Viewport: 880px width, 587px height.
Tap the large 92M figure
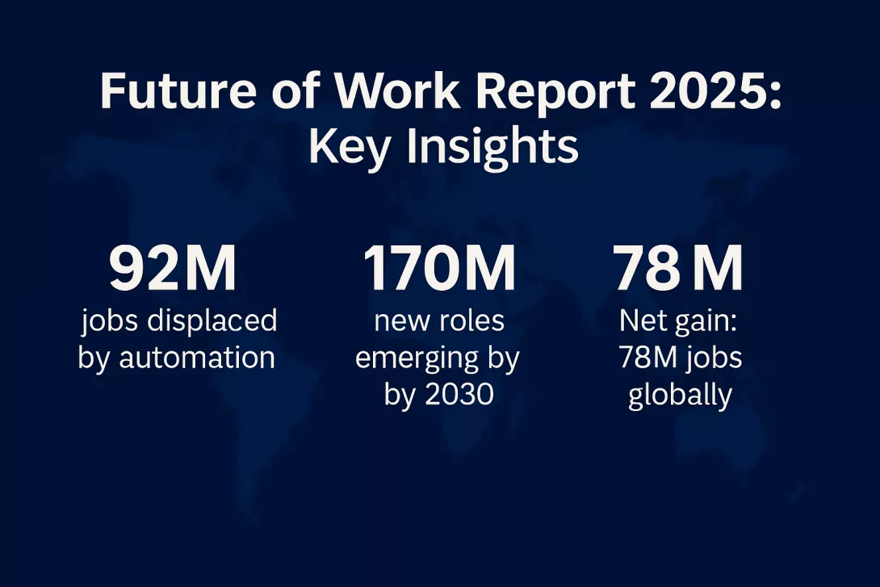pyautogui.click(x=173, y=270)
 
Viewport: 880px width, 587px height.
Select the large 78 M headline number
pyautogui.click(x=679, y=270)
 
